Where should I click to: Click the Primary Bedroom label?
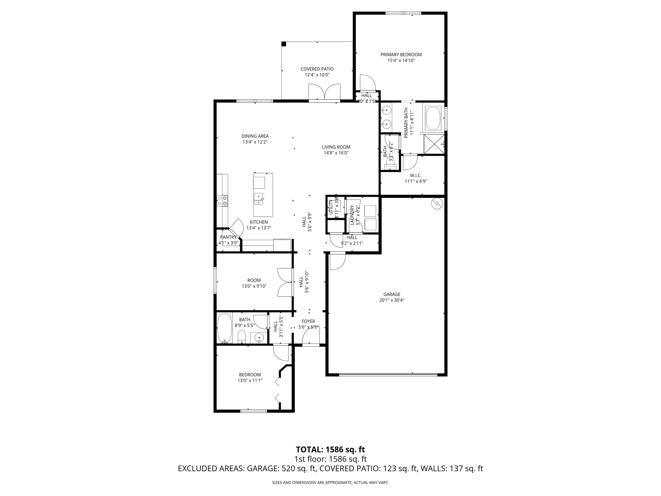point(401,55)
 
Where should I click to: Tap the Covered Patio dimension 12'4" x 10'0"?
point(317,75)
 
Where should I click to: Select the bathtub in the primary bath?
point(433,118)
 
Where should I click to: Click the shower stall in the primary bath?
point(434,144)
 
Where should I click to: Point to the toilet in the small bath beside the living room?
point(391,166)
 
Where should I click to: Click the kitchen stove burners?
point(222,201)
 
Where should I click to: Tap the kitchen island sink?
point(259,199)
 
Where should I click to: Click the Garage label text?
point(392,294)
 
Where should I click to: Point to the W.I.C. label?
point(416,175)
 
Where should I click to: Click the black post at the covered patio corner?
point(284,44)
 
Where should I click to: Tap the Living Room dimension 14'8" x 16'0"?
point(336,153)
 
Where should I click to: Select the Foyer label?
point(308,321)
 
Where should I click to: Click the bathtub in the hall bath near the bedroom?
point(225,328)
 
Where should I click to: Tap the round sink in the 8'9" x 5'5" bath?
point(259,338)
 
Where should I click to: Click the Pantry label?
point(228,237)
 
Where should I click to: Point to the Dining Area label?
point(255,136)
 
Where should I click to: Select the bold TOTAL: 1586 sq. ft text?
point(330,449)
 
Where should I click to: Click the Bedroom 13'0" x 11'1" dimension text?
point(250,380)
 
